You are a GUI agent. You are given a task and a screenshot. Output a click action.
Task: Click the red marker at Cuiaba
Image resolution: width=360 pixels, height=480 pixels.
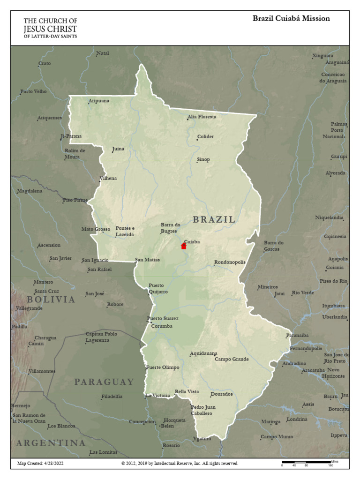coord(184,246)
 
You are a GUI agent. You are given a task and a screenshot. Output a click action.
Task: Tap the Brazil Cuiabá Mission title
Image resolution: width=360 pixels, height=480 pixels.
coord(291,19)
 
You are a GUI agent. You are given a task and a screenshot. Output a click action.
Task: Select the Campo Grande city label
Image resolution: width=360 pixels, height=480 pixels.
coord(232,360)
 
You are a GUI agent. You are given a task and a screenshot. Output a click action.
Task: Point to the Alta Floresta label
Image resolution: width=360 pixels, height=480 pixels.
coord(202,117)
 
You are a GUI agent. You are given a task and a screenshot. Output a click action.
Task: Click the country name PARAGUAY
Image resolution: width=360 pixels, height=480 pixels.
coord(104,382)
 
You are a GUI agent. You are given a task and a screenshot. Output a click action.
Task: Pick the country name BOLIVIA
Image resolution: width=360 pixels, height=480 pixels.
coord(51,300)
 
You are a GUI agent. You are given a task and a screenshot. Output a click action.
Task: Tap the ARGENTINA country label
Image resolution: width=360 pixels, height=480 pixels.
coord(51,443)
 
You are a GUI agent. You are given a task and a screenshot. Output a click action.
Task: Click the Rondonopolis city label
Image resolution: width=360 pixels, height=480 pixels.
coord(230,262)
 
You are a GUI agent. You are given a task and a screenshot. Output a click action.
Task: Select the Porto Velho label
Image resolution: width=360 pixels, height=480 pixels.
coord(34,91)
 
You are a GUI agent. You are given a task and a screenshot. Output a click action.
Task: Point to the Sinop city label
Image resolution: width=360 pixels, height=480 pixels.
coord(203,159)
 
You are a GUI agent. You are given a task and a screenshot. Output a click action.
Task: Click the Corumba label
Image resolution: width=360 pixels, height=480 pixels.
coord(162,326)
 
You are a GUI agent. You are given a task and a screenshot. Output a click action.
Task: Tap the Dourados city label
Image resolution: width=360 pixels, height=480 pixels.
coord(222,394)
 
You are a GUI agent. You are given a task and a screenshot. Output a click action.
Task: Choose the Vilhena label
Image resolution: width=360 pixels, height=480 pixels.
coord(108,179)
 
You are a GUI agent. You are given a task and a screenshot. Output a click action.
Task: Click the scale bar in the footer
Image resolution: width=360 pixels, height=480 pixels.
coord(306,463)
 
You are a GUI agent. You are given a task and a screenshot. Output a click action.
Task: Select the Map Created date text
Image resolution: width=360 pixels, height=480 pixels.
coord(40,464)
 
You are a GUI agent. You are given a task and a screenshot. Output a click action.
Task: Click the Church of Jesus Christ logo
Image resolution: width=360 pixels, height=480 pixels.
coord(51,28)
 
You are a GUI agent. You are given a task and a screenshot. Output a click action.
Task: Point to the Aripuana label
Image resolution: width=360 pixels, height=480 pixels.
coord(99,101)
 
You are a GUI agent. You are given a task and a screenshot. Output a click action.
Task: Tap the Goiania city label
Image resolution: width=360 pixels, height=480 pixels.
coord(335,268)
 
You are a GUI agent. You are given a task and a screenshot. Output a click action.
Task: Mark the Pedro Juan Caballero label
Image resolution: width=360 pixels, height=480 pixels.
coord(203,411)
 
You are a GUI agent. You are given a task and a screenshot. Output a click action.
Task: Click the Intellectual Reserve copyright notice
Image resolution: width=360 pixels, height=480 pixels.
coord(180,464)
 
